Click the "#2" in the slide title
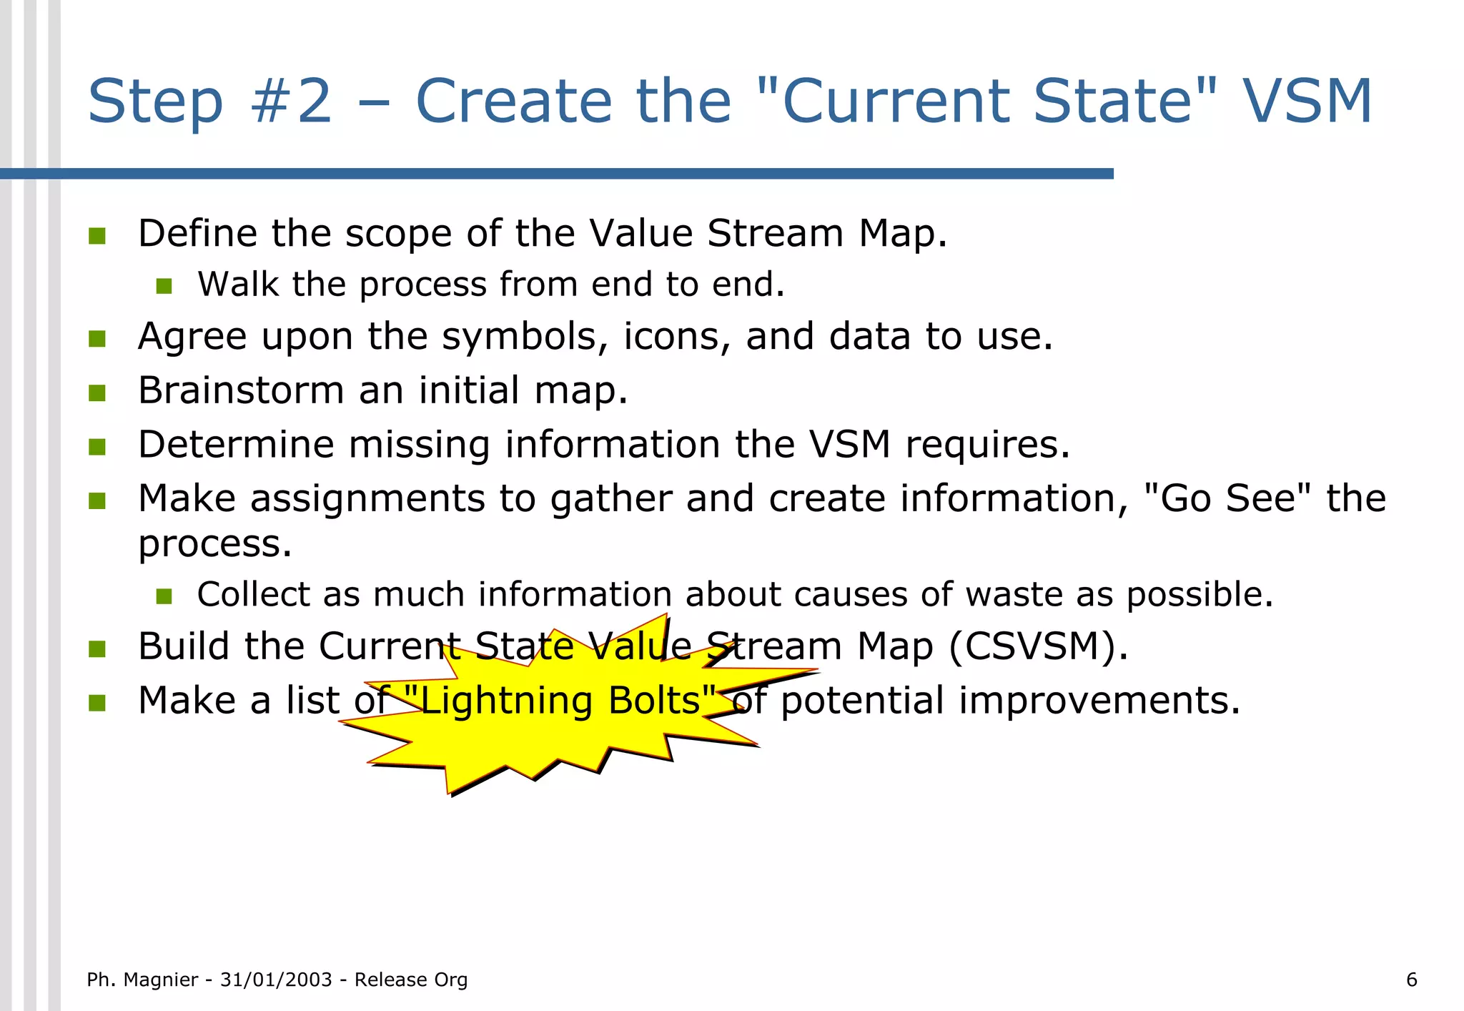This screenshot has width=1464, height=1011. click(292, 101)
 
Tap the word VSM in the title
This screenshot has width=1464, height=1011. click(1307, 101)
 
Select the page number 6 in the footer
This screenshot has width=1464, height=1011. click(1411, 980)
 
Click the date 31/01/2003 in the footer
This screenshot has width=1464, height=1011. click(276, 980)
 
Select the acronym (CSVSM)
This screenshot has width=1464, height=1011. click(1038, 646)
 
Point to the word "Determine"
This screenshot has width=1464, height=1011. click(236, 445)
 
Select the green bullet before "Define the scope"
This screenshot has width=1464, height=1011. click(97, 235)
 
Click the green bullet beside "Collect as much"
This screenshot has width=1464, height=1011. click(164, 596)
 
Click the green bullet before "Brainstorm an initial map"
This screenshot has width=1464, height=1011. click(97, 393)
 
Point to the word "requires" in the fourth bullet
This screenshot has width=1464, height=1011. click(986, 445)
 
